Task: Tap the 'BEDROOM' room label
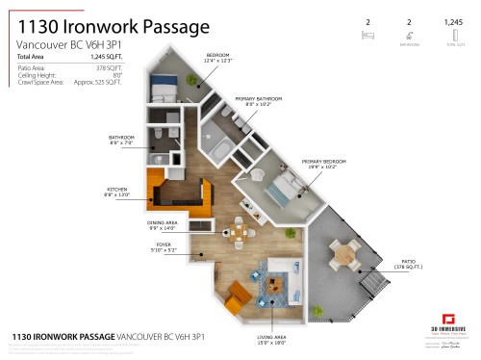(x=217, y=57)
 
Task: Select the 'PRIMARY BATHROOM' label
(x=255, y=98)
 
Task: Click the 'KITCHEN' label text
(x=118, y=190)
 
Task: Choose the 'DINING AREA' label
(x=151, y=223)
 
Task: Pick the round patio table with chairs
(x=345, y=253)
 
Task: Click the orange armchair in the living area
(x=234, y=302)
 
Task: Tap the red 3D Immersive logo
(x=446, y=319)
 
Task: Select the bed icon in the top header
(x=367, y=34)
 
